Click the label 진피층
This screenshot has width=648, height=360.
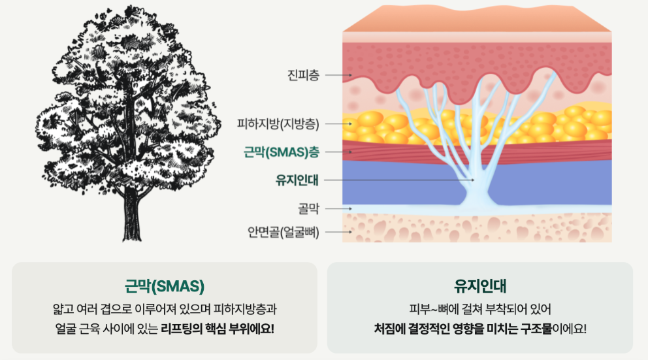[x=303, y=76]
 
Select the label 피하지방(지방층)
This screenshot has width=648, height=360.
[x=283, y=123]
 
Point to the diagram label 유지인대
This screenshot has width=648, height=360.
[x=297, y=180]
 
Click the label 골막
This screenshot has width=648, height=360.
[x=308, y=209]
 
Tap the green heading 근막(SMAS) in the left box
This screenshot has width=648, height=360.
[x=164, y=286]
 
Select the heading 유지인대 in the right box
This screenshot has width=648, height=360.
[x=480, y=286]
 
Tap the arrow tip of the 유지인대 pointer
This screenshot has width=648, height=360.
[x=473, y=180]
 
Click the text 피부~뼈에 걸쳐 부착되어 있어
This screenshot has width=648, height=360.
[x=479, y=308]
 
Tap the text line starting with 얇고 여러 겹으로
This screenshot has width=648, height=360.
[x=164, y=308]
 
